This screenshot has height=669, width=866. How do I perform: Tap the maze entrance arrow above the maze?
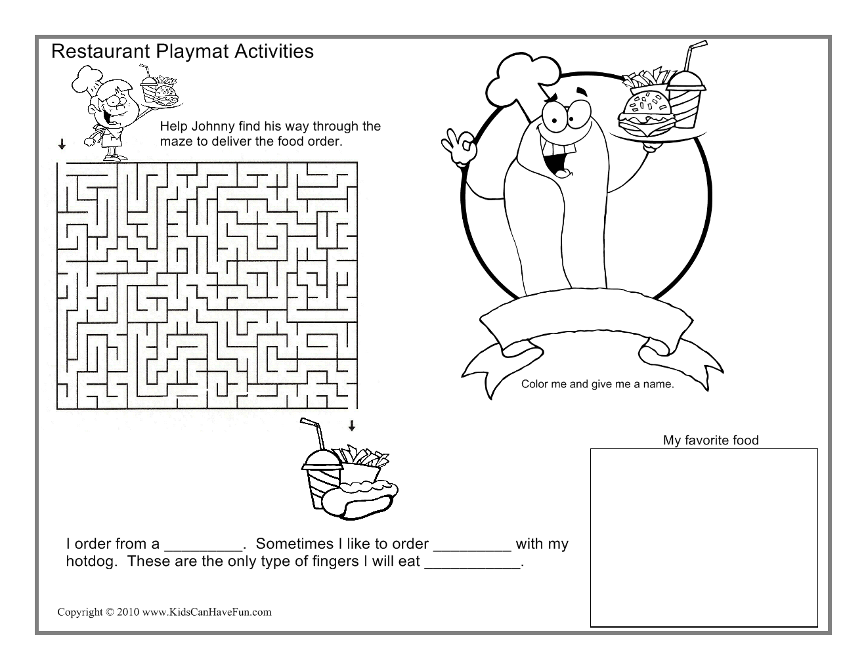point(62,144)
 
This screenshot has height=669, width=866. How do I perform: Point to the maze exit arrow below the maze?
point(351,425)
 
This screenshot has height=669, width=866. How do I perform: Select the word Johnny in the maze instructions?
point(213,126)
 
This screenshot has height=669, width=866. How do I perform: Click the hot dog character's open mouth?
point(555,159)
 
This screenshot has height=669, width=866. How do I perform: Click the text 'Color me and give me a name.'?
point(597,384)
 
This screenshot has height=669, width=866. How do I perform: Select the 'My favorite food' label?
point(710,441)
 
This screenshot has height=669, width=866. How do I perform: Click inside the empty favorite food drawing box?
point(704,538)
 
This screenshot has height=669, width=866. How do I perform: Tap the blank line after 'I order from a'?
point(204,550)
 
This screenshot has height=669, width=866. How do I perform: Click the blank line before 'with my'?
point(472,550)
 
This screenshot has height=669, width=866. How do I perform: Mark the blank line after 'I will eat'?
point(472,568)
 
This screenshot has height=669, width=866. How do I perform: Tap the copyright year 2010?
point(128,612)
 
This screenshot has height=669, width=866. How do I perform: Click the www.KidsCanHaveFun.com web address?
point(207,612)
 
